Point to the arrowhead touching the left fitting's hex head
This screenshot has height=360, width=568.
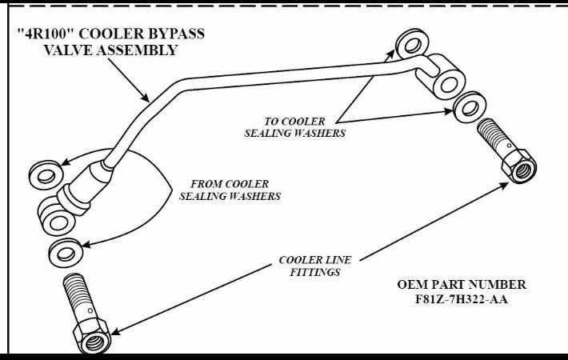[114, 330]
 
